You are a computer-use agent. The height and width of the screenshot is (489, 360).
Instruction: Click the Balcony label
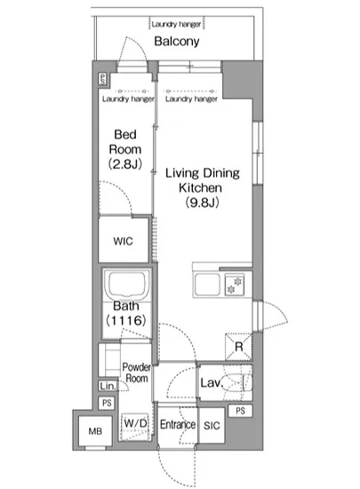177,42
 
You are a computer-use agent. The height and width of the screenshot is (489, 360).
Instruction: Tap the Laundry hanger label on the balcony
176,24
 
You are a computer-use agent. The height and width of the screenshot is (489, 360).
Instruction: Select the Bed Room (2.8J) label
125,149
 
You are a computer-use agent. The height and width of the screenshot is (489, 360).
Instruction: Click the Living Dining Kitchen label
203,188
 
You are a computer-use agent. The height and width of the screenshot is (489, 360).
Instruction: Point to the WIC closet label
124,241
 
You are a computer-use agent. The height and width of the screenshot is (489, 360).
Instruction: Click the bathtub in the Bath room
125,285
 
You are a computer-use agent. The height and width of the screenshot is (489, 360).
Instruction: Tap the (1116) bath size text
126,320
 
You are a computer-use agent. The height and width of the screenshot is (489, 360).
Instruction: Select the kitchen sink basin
207,285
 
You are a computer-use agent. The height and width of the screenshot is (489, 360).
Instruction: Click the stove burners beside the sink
235,285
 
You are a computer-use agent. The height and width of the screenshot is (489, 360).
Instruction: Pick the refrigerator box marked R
239,347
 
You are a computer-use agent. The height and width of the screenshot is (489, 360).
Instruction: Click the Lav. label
212,383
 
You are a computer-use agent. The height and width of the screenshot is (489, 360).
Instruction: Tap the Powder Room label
136,373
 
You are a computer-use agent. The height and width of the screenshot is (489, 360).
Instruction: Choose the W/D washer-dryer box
135,427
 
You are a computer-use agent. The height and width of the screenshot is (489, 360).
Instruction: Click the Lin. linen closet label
108,387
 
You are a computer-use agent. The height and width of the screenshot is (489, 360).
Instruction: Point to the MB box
95,431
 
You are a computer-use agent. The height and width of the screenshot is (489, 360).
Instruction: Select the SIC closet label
212,426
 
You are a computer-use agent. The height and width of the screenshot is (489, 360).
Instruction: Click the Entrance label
178,424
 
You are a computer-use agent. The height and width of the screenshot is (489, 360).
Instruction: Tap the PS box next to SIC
240,411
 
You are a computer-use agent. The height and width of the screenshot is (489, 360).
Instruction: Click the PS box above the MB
107,403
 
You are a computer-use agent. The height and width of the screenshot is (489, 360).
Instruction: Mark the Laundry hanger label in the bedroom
128,100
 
